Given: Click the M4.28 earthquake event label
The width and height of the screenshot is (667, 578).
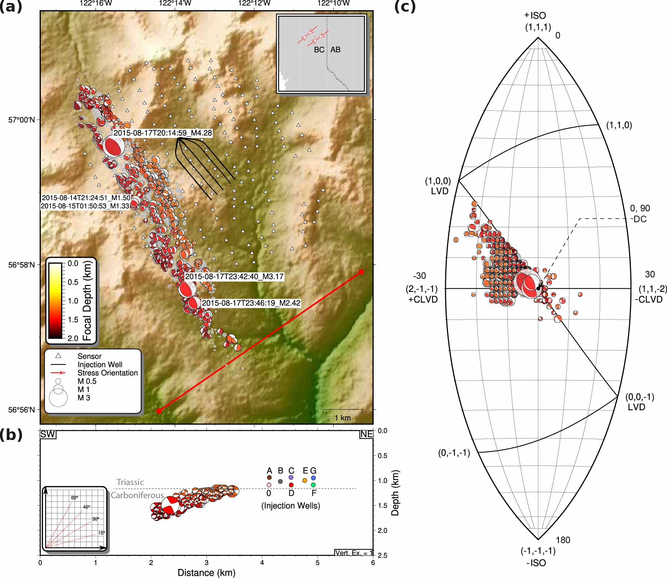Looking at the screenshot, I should (x=162, y=133).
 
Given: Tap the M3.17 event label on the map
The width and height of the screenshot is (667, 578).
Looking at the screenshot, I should (x=234, y=277).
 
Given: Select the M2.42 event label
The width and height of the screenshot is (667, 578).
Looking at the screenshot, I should (x=251, y=303).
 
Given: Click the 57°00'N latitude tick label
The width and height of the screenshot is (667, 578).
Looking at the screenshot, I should (x=22, y=120).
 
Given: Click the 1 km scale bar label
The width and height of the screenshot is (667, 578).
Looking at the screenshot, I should (x=342, y=418).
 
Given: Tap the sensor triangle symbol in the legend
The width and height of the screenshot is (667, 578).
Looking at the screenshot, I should (x=58, y=356).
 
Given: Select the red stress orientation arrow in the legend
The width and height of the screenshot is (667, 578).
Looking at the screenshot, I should (x=58, y=373).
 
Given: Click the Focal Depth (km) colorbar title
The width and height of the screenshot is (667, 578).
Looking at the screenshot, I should (x=87, y=301).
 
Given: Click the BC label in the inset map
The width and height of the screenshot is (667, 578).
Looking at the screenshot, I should (x=319, y=50).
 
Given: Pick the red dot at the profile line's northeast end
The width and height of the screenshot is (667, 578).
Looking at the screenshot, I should (x=361, y=272).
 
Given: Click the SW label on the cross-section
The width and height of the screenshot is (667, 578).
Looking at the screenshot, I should (x=48, y=435).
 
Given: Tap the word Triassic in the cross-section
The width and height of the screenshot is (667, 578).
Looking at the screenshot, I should (x=130, y=482).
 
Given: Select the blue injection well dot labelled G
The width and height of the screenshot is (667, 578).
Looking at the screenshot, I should (x=313, y=478).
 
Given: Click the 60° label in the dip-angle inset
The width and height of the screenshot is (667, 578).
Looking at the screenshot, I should (x=75, y=498).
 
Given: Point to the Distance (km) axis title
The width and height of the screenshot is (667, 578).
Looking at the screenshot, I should (x=206, y=573).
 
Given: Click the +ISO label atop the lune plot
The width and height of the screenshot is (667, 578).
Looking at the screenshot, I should (x=535, y=16).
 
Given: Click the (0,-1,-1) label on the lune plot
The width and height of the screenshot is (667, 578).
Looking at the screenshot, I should (x=454, y=453).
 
